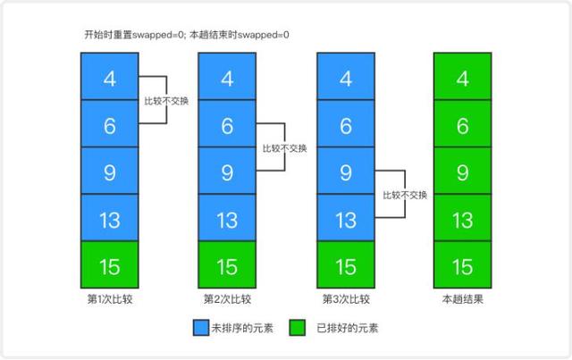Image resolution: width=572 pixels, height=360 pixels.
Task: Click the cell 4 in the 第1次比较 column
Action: tap(110, 78)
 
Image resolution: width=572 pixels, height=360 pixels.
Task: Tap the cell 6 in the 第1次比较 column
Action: tap(110, 125)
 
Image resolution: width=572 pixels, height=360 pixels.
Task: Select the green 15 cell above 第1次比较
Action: tap(110, 265)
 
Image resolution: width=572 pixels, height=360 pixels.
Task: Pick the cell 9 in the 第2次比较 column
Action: tap(227, 172)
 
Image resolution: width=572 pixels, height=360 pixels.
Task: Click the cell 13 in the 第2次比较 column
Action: tap(227, 219)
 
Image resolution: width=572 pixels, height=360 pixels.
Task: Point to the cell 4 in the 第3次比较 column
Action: tap(346, 78)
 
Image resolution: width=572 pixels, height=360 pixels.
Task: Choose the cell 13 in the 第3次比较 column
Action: tap(346, 219)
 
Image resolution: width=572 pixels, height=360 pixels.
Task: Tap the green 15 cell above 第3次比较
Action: tap(346, 265)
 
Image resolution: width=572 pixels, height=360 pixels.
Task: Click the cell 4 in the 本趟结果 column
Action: tap(463, 78)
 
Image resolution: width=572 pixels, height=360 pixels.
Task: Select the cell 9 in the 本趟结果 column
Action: tap(463, 172)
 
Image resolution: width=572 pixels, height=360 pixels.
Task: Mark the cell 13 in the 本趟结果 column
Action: tap(463, 219)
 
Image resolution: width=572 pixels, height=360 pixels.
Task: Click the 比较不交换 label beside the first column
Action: tap(166, 101)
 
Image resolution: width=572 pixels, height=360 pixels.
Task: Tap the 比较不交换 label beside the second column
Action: tap(284, 148)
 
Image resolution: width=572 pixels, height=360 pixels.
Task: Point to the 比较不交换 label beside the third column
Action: tap(404, 195)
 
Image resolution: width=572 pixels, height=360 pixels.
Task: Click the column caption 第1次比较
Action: tap(110, 298)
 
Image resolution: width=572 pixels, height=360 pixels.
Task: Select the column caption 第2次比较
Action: tap(227, 298)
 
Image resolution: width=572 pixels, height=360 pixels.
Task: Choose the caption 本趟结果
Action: tap(463, 298)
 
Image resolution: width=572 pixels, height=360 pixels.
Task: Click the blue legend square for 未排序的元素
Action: tap(201, 328)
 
